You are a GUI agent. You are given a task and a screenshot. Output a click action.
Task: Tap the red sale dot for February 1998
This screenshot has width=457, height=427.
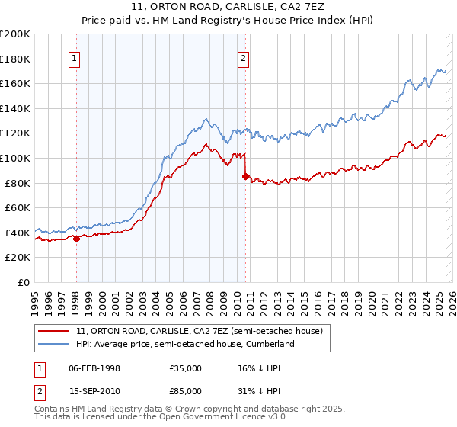[x=76, y=238]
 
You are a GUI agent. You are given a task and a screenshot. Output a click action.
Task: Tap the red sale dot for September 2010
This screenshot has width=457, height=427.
[x=245, y=176]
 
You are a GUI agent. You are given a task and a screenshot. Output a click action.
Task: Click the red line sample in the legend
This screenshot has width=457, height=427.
[x=53, y=331]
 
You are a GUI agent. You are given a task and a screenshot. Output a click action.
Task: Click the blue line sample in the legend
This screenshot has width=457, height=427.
[x=53, y=344]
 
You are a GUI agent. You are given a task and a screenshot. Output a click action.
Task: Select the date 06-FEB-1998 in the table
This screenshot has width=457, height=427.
[x=94, y=368]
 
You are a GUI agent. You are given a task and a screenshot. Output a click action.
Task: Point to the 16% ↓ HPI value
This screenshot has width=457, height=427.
[x=260, y=368]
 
